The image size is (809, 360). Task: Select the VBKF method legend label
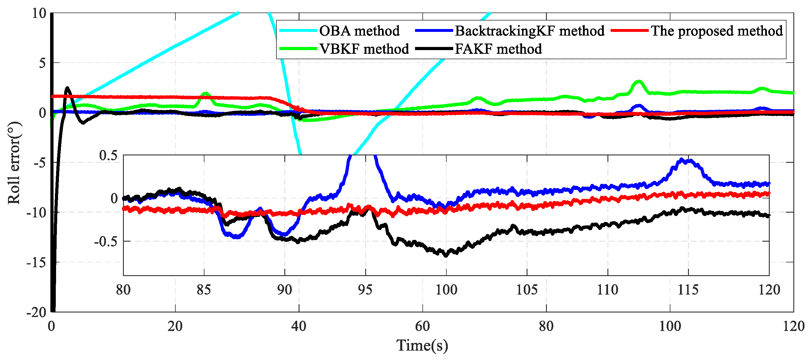point(364,49)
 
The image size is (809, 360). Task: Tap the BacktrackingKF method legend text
point(529,31)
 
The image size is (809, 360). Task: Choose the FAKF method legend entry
point(498,49)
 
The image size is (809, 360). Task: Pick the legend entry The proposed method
point(717,31)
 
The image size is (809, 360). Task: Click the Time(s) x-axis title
point(422,345)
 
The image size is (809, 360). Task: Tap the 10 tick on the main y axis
point(39,13)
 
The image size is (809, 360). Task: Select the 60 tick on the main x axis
point(422,326)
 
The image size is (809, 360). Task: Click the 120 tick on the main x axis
point(794,326)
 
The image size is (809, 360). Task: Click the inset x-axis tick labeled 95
point(365,290)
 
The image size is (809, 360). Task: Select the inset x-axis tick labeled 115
point(688,290)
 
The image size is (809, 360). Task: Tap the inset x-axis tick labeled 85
point(204,290)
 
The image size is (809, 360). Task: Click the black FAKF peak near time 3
point(67,88)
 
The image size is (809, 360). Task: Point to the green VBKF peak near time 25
point(206,93)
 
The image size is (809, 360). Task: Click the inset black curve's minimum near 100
point(446,256)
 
